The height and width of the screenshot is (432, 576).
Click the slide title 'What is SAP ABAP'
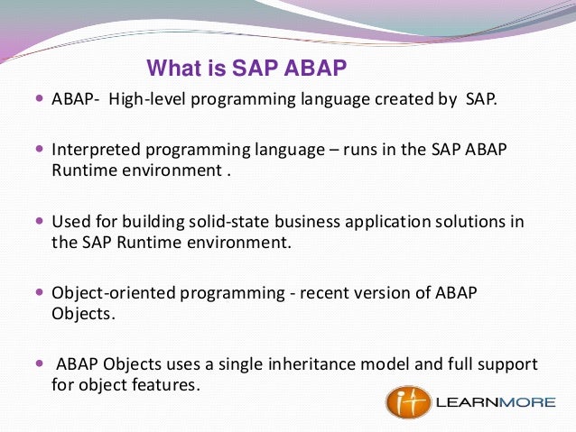coord(246,69)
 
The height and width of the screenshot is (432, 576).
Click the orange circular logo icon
coord(407,401)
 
